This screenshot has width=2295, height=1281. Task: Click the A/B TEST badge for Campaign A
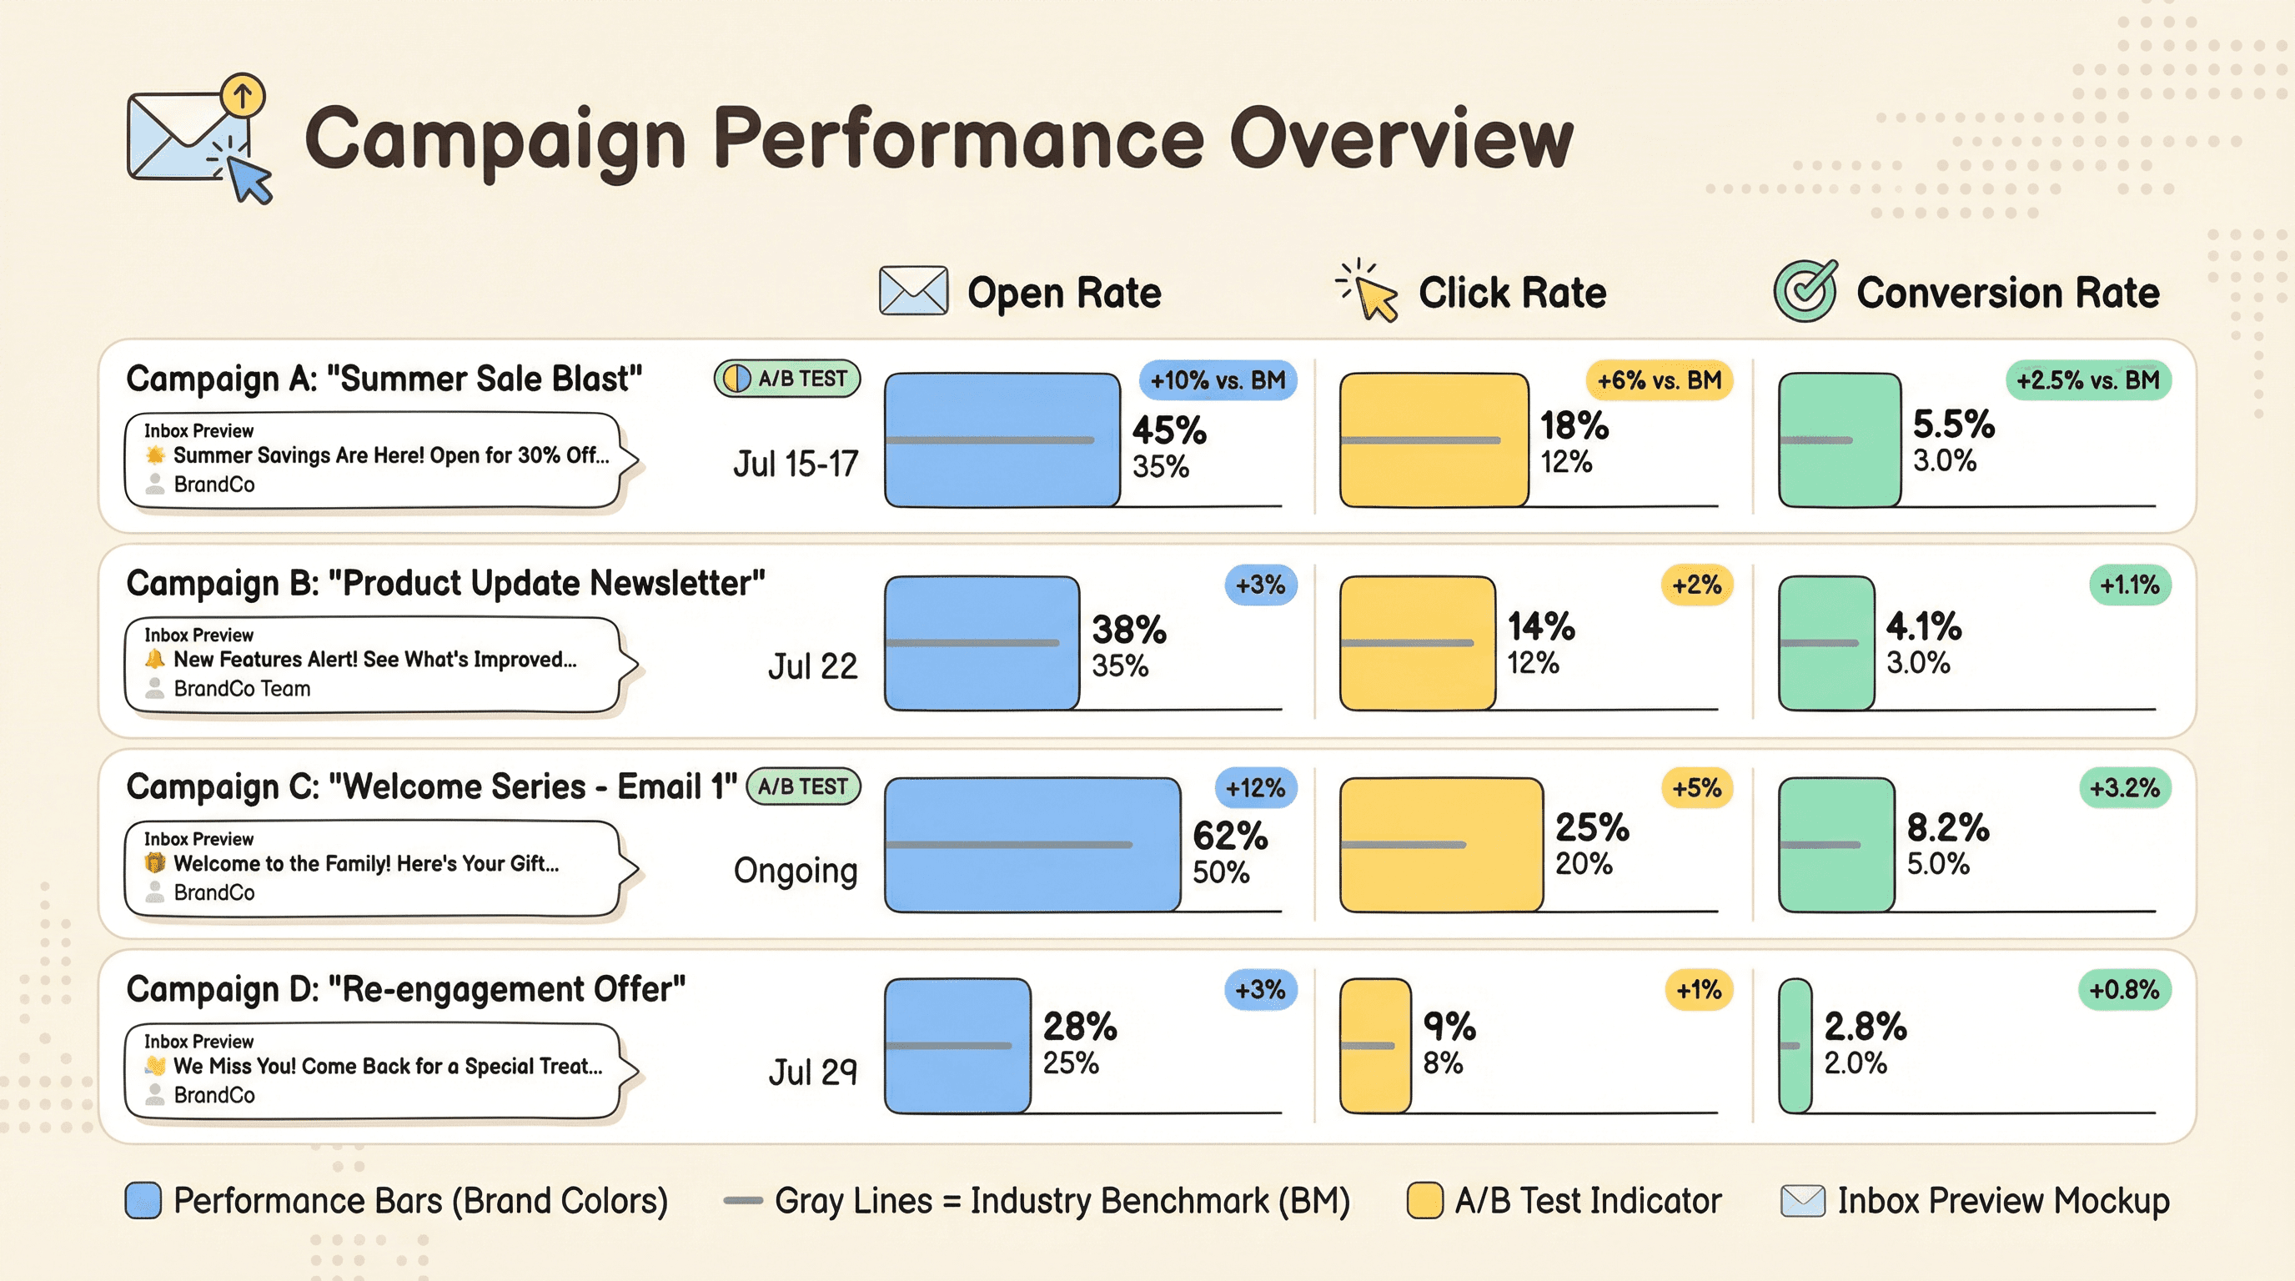tap(786, 379)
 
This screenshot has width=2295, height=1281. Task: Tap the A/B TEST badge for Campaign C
tap(803, 786)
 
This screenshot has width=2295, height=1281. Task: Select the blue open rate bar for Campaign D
tap(957, 1046)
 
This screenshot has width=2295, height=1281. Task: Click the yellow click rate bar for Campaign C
tap(1440, 845)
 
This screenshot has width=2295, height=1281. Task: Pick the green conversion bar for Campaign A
tap(1839, 440)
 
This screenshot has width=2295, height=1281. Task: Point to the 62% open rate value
tap(1229, 836)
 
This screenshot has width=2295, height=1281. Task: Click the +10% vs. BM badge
tap(1217, 380)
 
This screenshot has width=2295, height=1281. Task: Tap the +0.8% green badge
tap(2124, 990)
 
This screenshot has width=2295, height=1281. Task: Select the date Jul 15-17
tap(795, 465)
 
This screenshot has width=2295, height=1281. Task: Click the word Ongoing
tap(795, 871)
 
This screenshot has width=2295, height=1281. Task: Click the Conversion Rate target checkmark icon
tap(1804, 291)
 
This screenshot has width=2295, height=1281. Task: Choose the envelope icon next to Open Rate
tap(913, 291)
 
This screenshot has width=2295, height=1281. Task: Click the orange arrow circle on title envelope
tap(243, 94)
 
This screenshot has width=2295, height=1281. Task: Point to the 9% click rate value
tap(1449, 1027)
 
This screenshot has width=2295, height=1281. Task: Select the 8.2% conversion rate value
tap(1947, 827)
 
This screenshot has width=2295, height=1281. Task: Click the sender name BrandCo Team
tap(242, 689)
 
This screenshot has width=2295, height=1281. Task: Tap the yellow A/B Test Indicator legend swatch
tap(1424, 1201)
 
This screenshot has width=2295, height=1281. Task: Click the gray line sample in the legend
tap(742, 1201)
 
